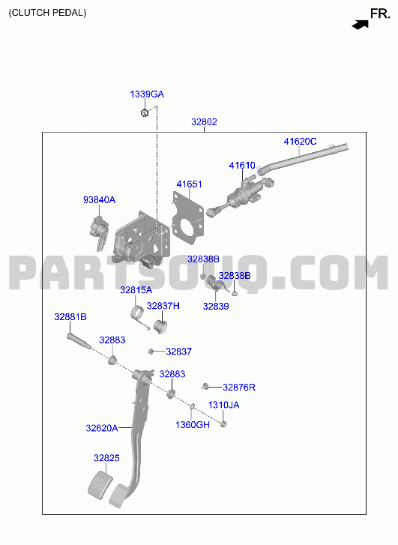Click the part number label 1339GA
147,94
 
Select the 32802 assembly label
204,122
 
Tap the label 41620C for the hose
300,142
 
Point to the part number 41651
189,184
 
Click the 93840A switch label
99,200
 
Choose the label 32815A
136,290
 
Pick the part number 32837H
163,306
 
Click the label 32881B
70,317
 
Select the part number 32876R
239,388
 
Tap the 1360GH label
193,425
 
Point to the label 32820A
102,428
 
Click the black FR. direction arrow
360,25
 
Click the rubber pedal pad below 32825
100,485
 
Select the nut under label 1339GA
145,112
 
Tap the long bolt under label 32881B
79,341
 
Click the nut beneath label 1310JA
223,424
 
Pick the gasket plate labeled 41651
188,218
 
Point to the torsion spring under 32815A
139,316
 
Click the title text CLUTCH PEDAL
47,13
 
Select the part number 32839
216,306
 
